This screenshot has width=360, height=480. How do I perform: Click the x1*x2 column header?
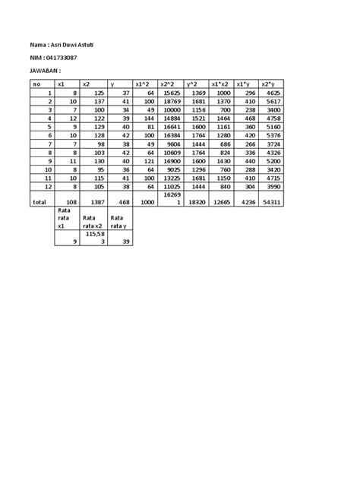220,84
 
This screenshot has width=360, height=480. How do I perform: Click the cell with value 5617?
273,101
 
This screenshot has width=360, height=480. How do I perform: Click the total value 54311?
271,203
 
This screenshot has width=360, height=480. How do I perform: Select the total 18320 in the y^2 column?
197,203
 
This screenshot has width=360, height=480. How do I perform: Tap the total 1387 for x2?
95,203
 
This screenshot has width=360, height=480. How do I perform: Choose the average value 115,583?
96,238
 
